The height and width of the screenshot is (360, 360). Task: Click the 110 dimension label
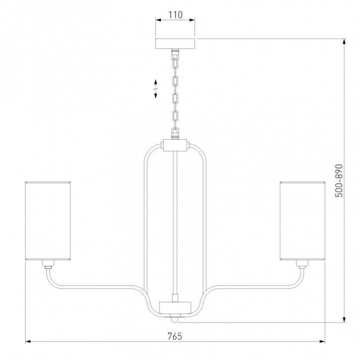coord(176,14)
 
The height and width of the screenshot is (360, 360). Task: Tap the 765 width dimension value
coord(175,337)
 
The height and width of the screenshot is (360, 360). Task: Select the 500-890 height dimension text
coord(339,181)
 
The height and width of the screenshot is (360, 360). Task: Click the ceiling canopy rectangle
coord(175,44)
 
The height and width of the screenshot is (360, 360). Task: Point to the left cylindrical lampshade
coord(47,221)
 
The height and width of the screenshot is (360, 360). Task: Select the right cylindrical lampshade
coord(302,221)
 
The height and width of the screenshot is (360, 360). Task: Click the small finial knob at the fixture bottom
coord(175,319)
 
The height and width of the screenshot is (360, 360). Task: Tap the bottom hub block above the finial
coord(175,308)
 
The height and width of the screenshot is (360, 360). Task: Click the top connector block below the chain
coord(175,145)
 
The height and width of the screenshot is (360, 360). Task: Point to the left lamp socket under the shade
coord(48,265)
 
